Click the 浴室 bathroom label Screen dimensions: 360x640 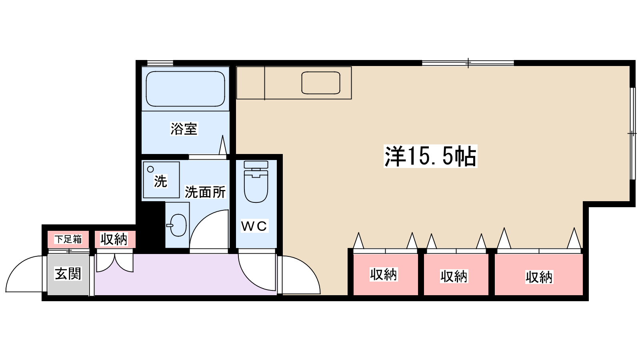pos(184,129)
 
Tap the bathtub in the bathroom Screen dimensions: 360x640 pos(185,89)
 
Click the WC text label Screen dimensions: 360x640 pos(254,226)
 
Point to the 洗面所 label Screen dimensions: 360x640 pos(205,192)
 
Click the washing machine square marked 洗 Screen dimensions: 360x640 pos(161,180)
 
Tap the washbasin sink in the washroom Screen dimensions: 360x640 pos(177,225)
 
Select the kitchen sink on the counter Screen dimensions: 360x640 pos(321,83)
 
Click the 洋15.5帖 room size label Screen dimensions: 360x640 pos(430,156)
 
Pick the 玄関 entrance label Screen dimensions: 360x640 pos(68,274)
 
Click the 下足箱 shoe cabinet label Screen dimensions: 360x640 pos(68,239)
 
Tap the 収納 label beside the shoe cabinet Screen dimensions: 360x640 pos(114,239)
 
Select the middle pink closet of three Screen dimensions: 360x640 pos(454,276)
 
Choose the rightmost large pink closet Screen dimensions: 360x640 pos(539,276)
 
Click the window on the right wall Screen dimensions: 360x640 pos(632,133)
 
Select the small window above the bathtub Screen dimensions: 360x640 pos(160,63)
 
